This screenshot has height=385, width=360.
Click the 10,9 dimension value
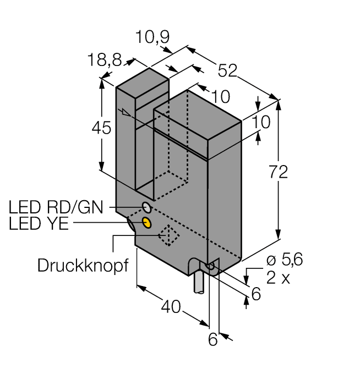click(154, 38)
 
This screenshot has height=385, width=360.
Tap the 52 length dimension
click(227, 70)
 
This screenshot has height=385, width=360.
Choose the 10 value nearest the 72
click(261, 122)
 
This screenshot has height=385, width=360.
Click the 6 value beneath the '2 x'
click(255, 295)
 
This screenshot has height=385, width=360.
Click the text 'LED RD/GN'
click(58, 207)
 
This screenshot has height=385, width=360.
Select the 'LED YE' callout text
click(39, 224)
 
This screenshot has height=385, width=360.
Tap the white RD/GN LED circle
click(147, 207)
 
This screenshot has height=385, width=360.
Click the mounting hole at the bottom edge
click(209, 267)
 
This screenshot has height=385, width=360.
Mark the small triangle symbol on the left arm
click(127, 114)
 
